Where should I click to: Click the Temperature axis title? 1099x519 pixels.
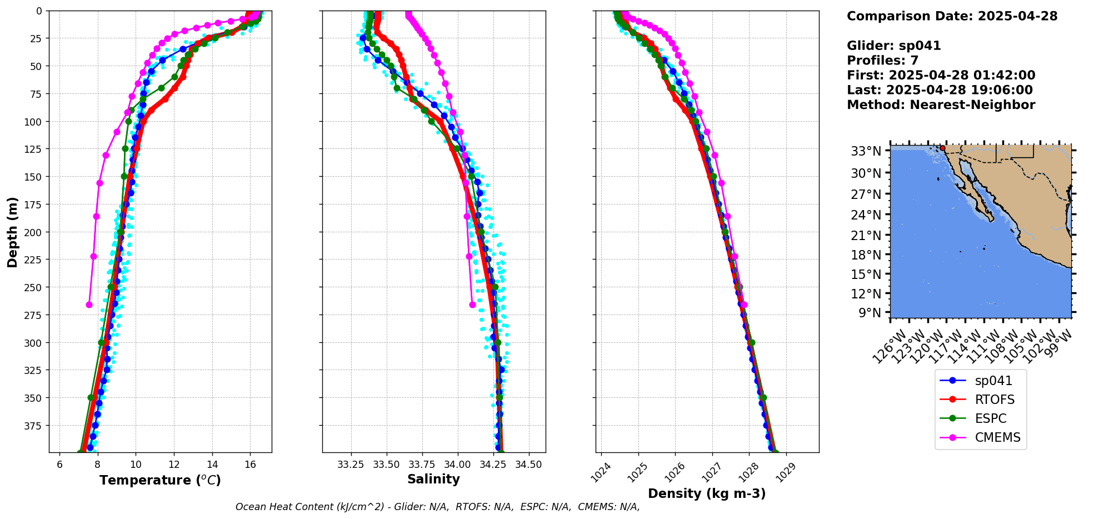pos(160,480)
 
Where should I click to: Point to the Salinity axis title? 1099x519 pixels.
pos(433,480)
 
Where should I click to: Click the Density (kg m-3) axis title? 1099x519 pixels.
pos(707,493)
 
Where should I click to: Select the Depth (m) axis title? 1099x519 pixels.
pos(12,232)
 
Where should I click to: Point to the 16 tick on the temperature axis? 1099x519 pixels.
pos(250,465)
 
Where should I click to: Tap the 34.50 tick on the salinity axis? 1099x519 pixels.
pos(528,465)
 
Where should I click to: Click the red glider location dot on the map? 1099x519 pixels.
pos(942,148)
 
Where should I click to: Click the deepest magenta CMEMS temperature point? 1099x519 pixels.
pos(89,305)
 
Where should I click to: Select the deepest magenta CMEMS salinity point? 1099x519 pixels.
pos(472,305)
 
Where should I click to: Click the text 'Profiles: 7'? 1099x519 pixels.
pos(882,61)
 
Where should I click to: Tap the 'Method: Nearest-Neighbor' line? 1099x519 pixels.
pos(941,105)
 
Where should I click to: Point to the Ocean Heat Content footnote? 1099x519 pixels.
pos(437,507)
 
